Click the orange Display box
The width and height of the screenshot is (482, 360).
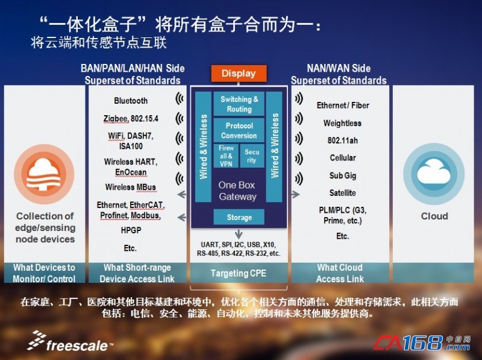tap(239, 73)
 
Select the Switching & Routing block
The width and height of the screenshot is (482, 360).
tap(239, 104)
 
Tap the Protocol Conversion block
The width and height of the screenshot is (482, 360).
tap(239, 130)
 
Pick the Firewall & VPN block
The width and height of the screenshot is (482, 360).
tap(226, 156)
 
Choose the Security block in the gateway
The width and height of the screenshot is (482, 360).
tap(252, 156)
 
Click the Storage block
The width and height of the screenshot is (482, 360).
tap(239, 217)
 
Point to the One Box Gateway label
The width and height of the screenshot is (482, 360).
tap(237, 191)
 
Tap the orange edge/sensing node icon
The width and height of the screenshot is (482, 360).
tap(44, 174)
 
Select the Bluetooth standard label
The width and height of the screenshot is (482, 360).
tap(131, 101)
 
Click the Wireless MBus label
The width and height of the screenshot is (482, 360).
tap(131, 187)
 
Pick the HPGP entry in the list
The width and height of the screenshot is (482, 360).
tap(131, 230)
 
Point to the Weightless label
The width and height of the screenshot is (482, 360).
tap(342, 123)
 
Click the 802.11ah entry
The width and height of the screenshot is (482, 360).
tap(342, 141)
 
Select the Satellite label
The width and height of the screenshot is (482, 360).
tap(342, 193)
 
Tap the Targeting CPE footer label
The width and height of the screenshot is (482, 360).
tap(239, 273)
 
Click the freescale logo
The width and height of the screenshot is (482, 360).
tap(70, 341)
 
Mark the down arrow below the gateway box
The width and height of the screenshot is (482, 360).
tap(239, 234)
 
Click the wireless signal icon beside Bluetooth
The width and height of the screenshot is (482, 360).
tap(179, 98)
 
